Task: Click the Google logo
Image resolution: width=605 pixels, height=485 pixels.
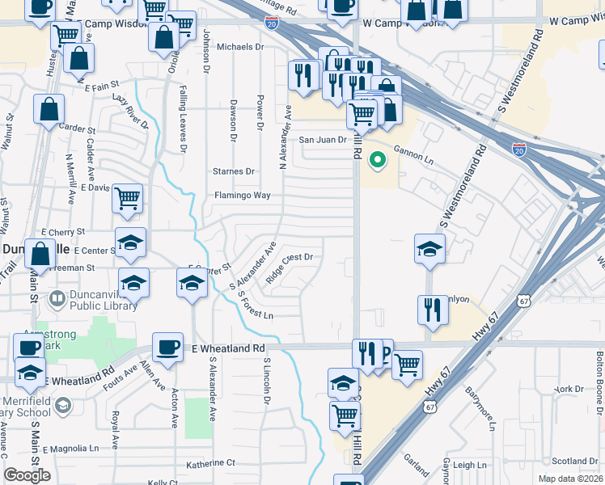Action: point(27,475)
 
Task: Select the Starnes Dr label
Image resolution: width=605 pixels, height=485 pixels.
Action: point(233,171)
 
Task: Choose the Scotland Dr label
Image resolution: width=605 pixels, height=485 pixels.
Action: point(574,462)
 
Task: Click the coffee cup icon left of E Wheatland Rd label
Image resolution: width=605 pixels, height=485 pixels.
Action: point(167,346)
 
